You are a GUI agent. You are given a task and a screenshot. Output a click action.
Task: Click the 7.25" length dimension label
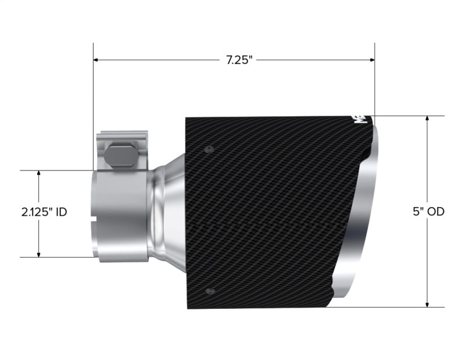click(x=239, y=60)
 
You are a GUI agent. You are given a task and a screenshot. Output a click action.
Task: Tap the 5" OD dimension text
click(x=428, y=212)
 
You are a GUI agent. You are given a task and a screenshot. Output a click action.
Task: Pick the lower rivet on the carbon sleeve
click(x=210, y=291)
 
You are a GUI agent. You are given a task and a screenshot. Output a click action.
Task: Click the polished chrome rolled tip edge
click(x=363, y=221)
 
